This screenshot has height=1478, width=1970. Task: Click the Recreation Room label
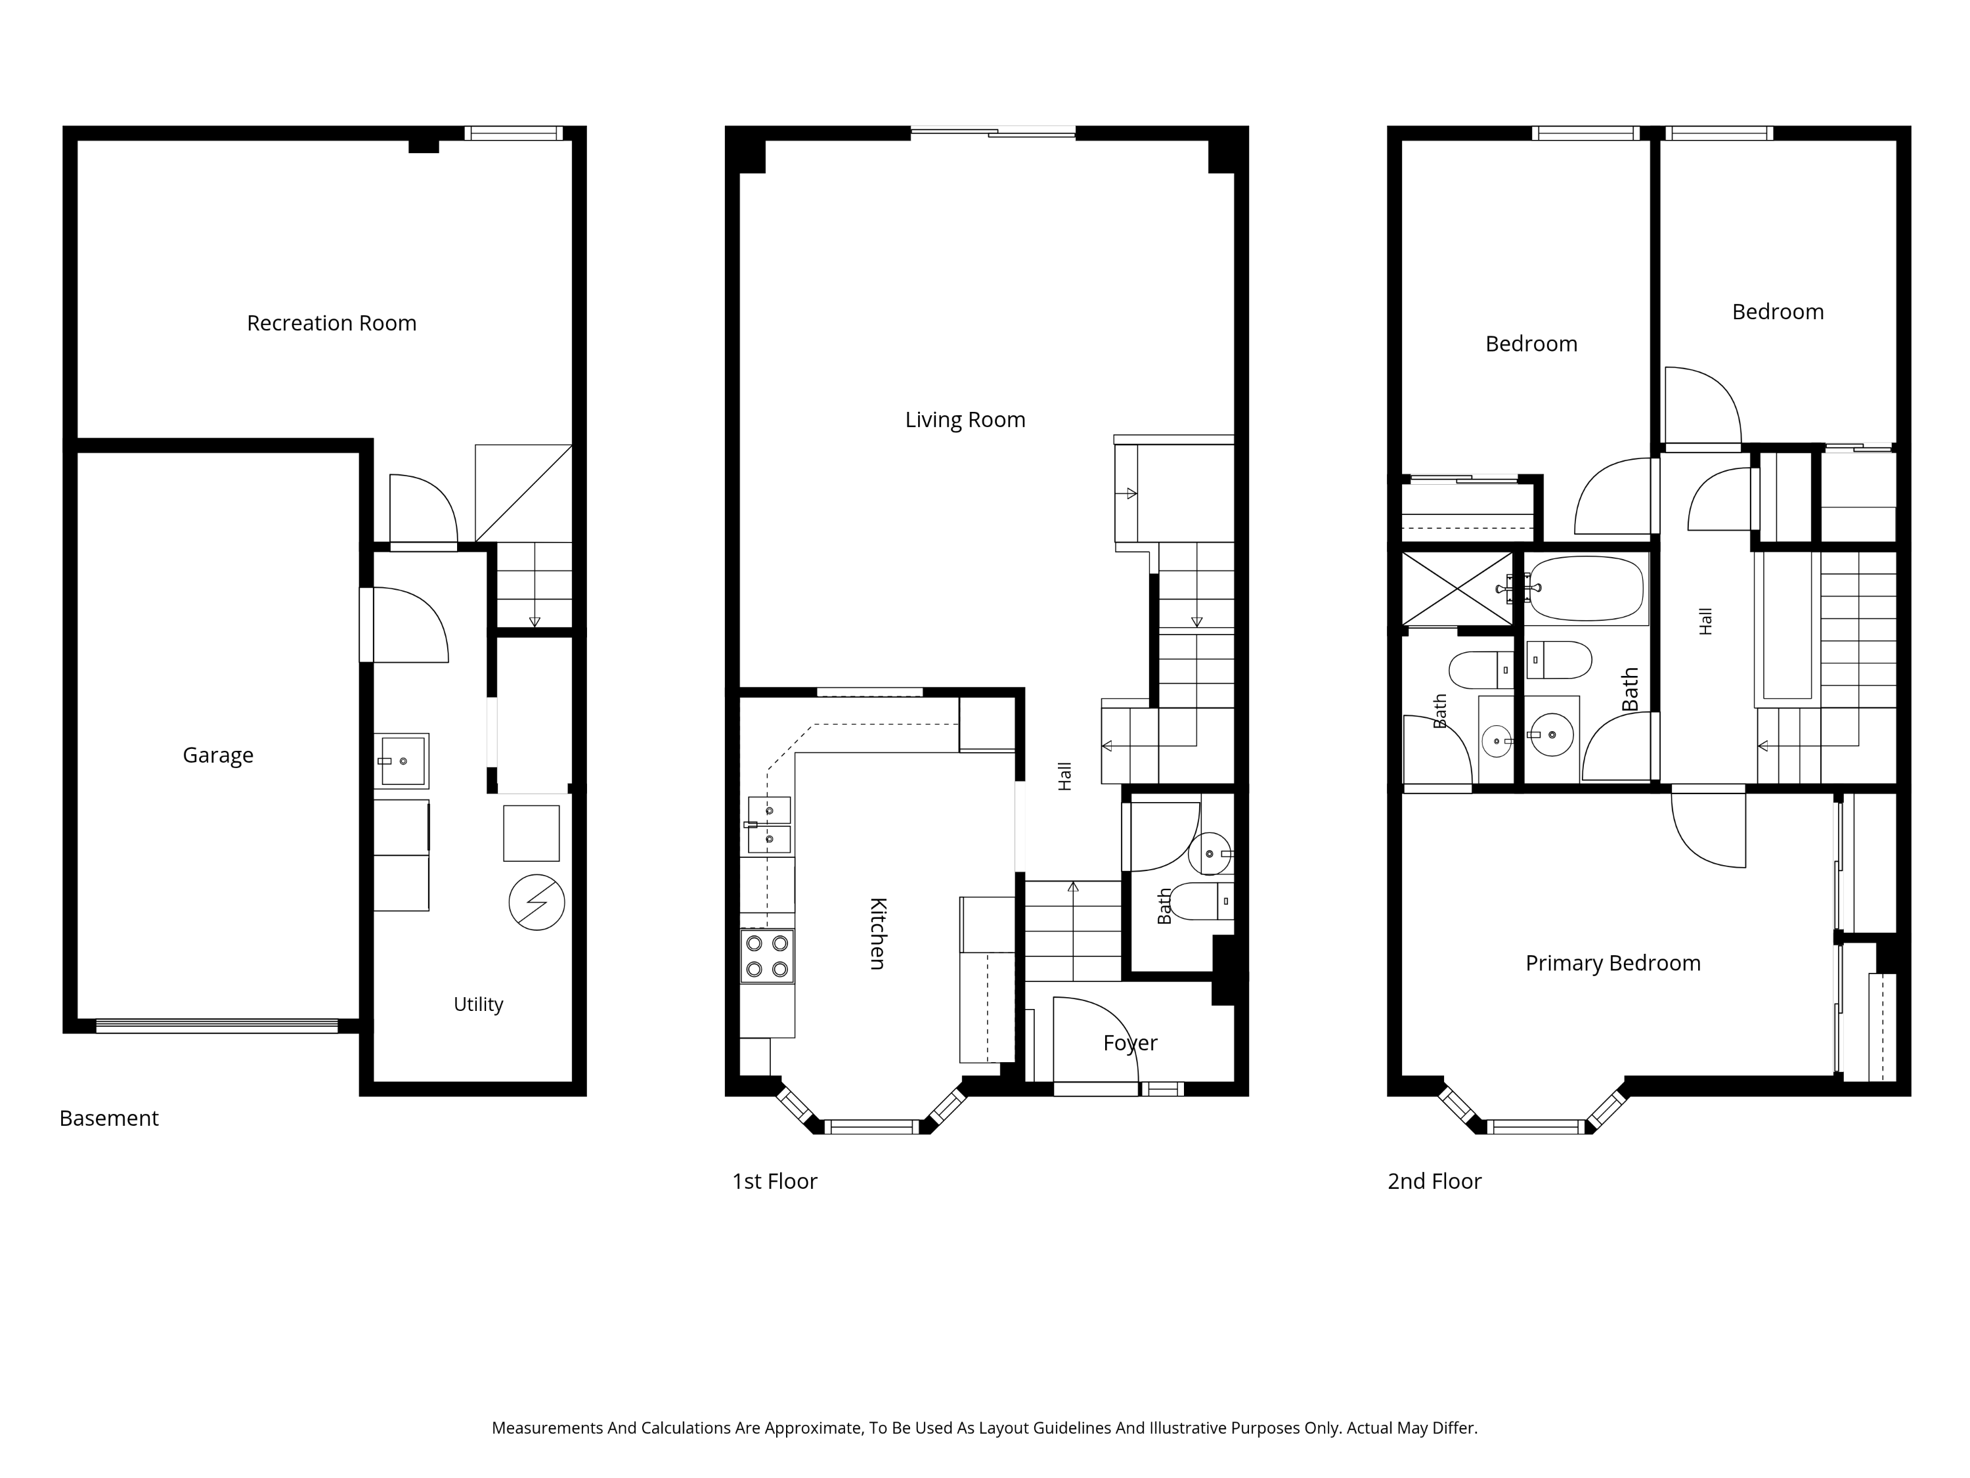332,323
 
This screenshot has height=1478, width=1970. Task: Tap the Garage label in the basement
218,755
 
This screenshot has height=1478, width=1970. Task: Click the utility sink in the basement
401,761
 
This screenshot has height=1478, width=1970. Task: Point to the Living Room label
965,420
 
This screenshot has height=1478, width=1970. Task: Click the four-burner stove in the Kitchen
767,956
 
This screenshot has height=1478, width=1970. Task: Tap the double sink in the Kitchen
768,825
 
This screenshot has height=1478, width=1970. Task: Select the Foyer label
1130,1043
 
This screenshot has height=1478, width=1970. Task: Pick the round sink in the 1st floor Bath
1210,853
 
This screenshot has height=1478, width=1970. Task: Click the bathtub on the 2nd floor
1586,589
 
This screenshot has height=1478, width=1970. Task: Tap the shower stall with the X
1457,589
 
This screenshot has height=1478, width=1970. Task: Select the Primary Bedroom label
1613,963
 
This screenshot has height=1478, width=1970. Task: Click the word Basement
108,1118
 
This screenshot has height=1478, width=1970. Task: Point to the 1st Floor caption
774,1181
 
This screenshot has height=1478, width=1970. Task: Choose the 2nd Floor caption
1434,1181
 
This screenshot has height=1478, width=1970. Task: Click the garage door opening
217,1026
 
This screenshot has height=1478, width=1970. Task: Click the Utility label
478,1005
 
